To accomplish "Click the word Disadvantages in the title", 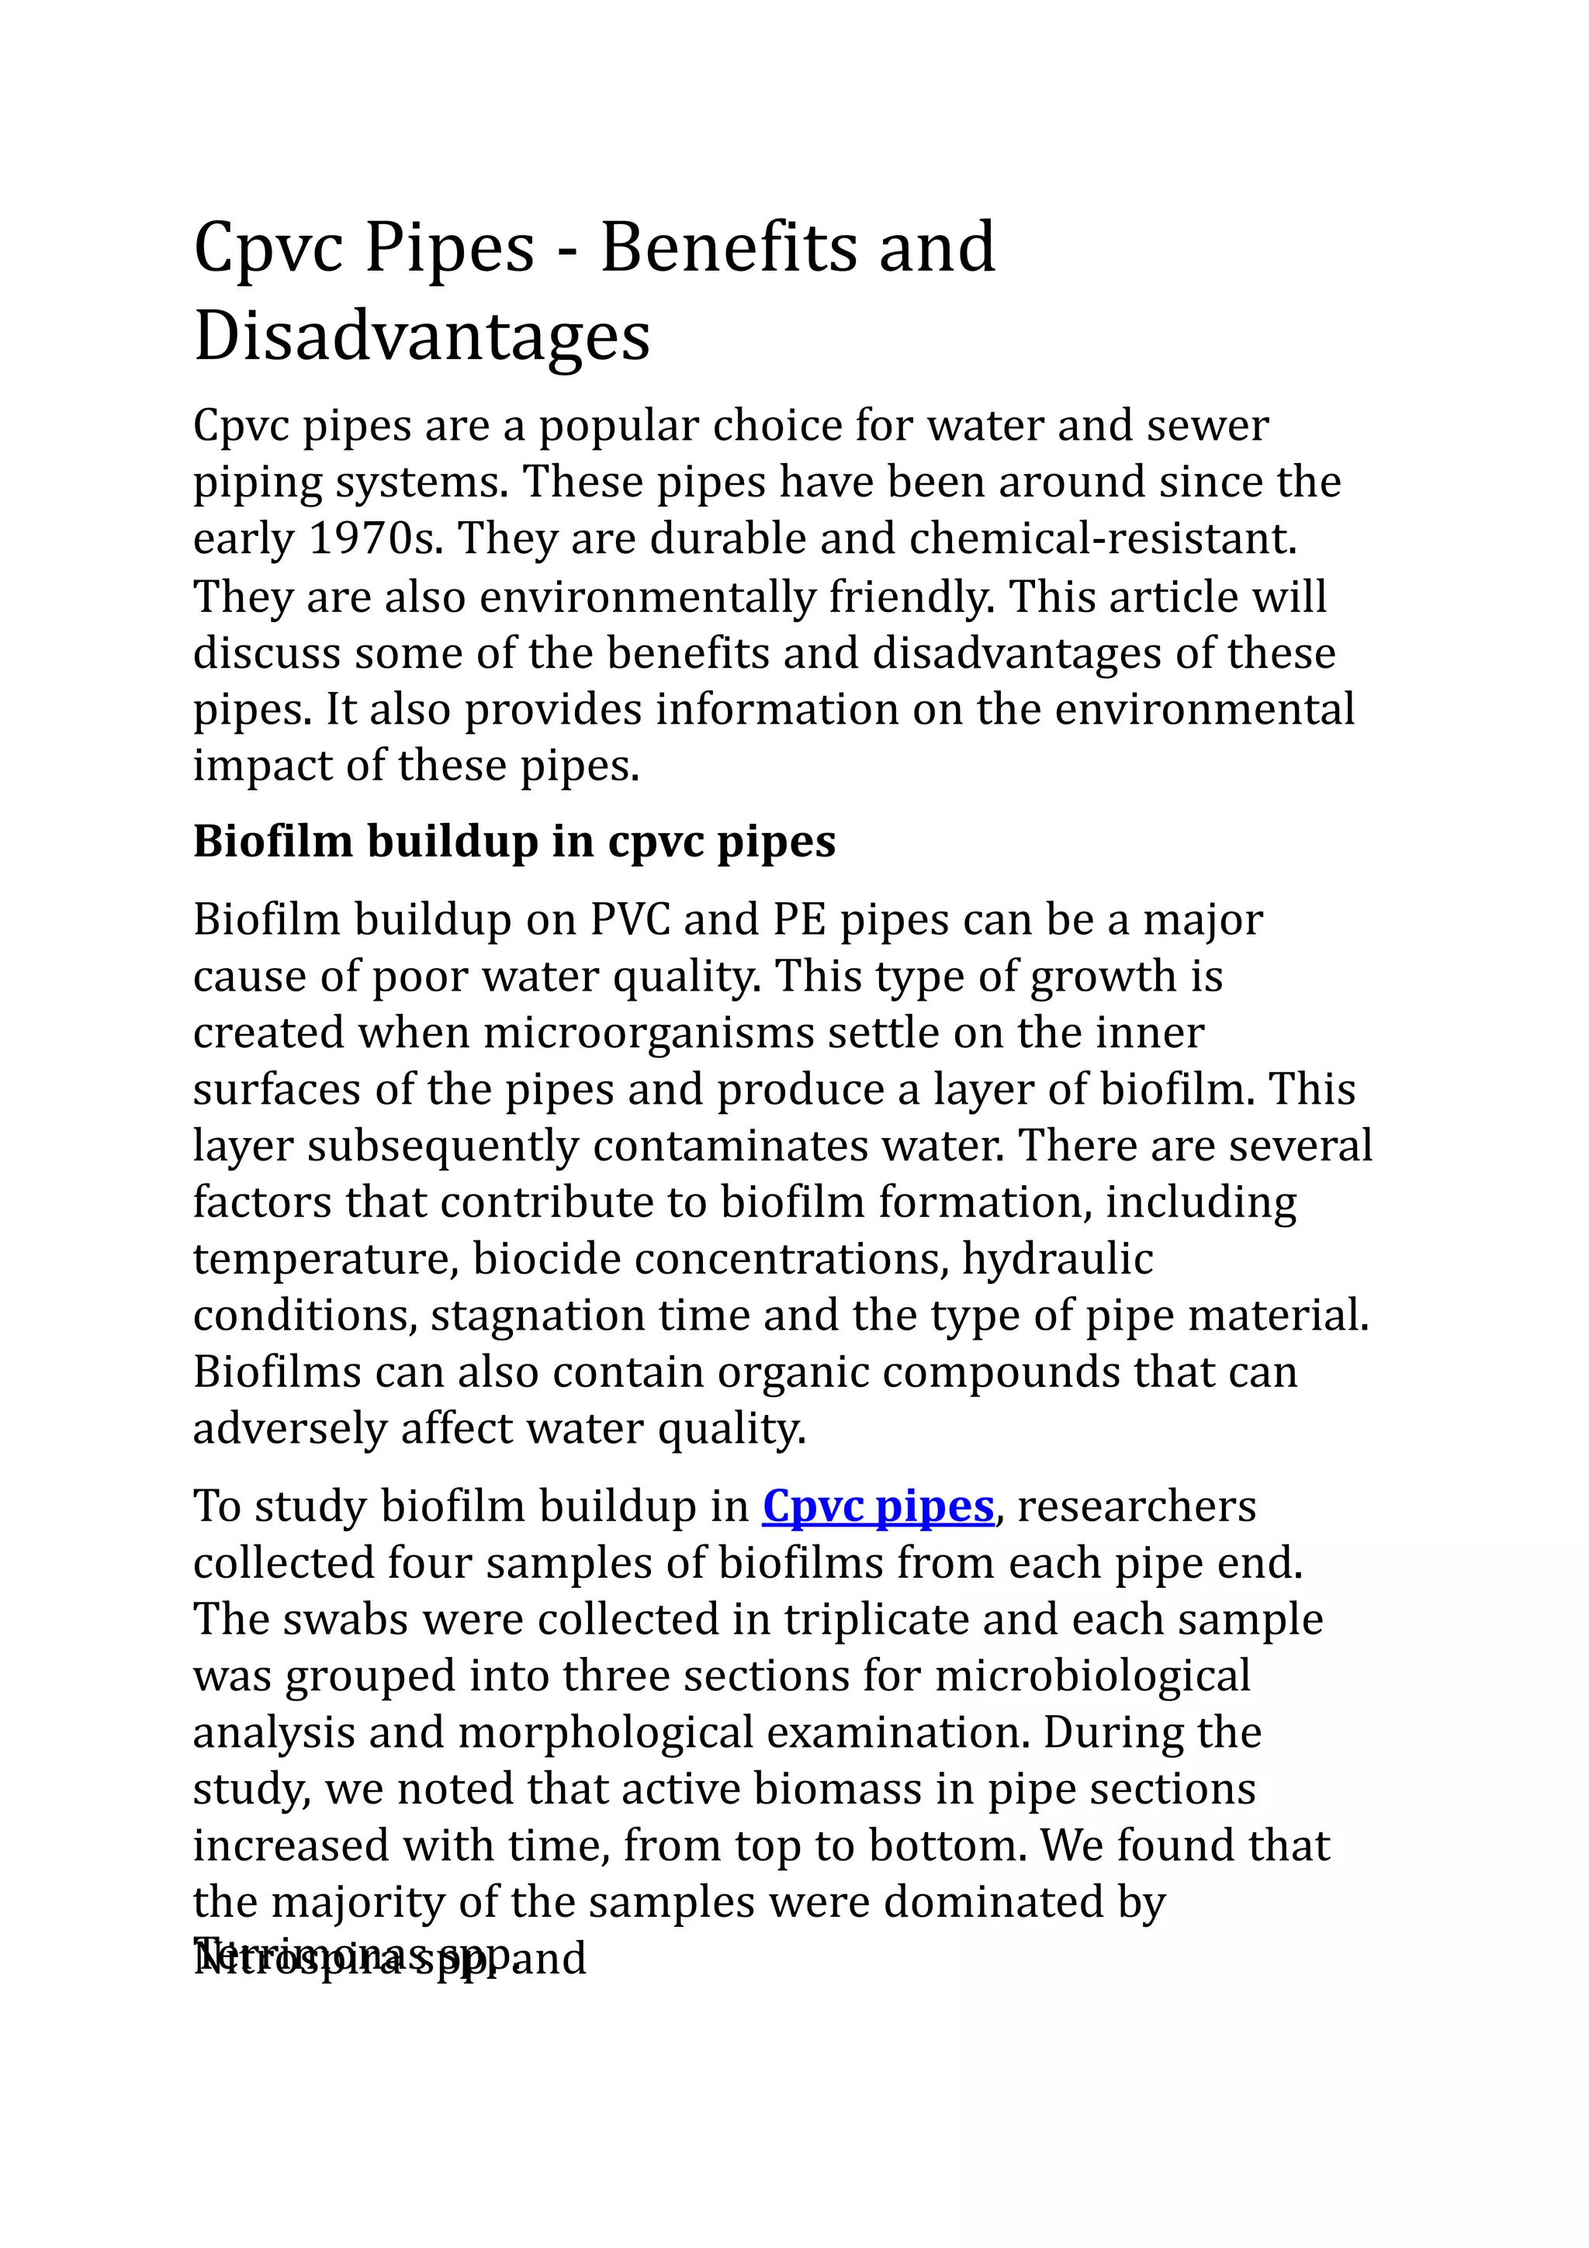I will tap(422, 336).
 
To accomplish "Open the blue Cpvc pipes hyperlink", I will tap(878, 1506).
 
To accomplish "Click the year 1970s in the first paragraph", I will tap(375, 539).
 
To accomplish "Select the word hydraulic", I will tap(1058, 1259).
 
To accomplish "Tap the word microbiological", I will tap(1092, 1676).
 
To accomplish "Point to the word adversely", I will tap(289, 1429).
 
